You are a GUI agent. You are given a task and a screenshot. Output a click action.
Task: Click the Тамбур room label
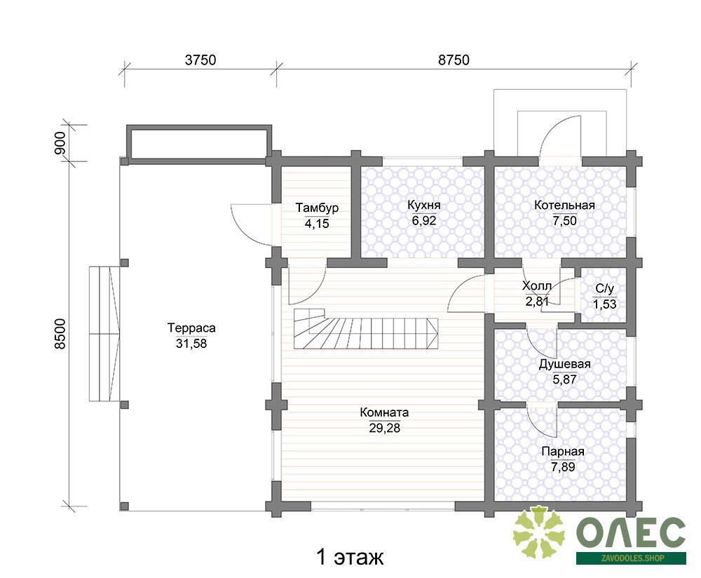click(x=317, y=208)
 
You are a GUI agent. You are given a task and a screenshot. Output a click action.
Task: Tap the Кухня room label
click(x=424, y=205)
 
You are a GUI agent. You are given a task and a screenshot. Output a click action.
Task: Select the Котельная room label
click(x=564, y=205)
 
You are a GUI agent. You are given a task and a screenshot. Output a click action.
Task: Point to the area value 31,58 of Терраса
click(x=191, y=344)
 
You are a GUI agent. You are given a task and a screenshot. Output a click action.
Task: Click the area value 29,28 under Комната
click(x=384, y=428)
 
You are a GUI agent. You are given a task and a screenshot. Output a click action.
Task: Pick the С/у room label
click(x=605, y=288)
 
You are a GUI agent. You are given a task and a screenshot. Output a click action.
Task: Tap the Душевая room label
click(x=564, y=364)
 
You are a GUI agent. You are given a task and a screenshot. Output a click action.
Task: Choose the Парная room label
click(x=563, y=452)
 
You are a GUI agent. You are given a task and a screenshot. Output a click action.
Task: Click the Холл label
click(x=536, y=285)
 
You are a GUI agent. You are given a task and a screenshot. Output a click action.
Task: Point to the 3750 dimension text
click(x=200, y=60)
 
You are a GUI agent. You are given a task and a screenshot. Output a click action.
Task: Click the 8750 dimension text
click(x=454, y=60)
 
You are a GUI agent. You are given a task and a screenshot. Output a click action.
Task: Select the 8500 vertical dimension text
click(x=60, y=334)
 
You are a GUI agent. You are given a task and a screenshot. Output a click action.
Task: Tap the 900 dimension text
click(x=60, y=143)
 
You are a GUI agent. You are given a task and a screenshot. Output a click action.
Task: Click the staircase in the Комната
click(x=366, y=328)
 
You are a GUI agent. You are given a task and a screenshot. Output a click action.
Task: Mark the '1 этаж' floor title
click(x=350, y=558)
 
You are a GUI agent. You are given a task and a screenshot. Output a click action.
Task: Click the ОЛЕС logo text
click(x=631, y=532)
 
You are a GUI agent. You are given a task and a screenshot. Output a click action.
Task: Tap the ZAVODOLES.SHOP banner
click(x=631, y=558)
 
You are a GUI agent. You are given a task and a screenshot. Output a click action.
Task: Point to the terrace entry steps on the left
click(x=104, y=334)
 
